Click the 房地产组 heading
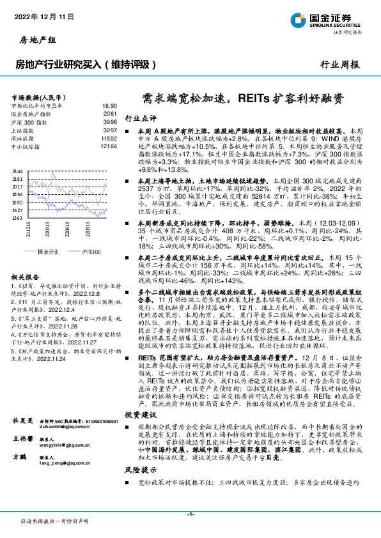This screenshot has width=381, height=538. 33,41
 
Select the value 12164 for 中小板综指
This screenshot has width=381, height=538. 109,146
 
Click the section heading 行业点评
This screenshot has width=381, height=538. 140,118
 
